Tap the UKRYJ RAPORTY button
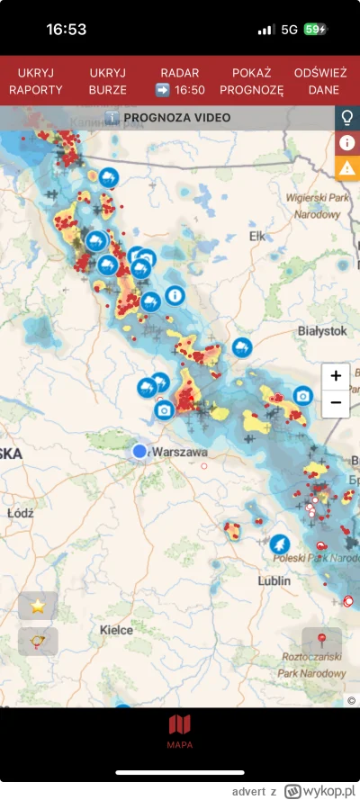(36, 80)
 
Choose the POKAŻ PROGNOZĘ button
(251, 80)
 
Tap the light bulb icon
(347, 118)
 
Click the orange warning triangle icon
(347, 166)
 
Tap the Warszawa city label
(181, 451)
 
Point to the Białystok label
(322, 331)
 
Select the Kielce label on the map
(116, 630)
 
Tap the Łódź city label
(18, 512)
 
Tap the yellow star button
(38, 606)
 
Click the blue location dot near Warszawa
(139, 451)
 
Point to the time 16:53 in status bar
(67, 30)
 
